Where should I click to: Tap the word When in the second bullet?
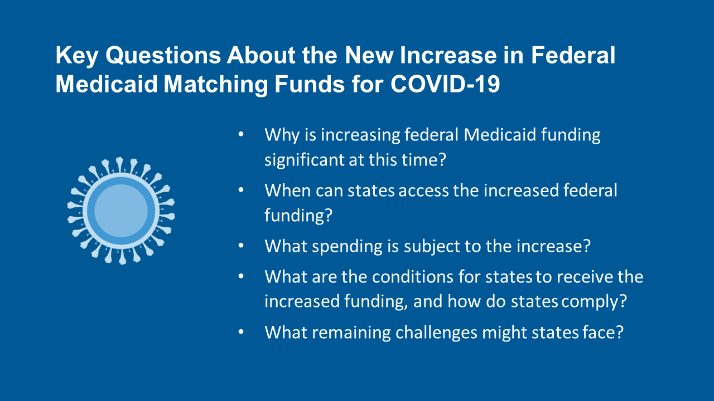tap(287, 190)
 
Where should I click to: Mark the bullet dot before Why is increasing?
tap(241, 135)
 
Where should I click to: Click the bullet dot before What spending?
tap(241, 246)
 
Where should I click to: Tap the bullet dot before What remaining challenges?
tap(241, 332)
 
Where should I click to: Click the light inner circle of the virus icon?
tap(121, 211)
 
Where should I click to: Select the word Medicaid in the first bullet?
tap(495, 135)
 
